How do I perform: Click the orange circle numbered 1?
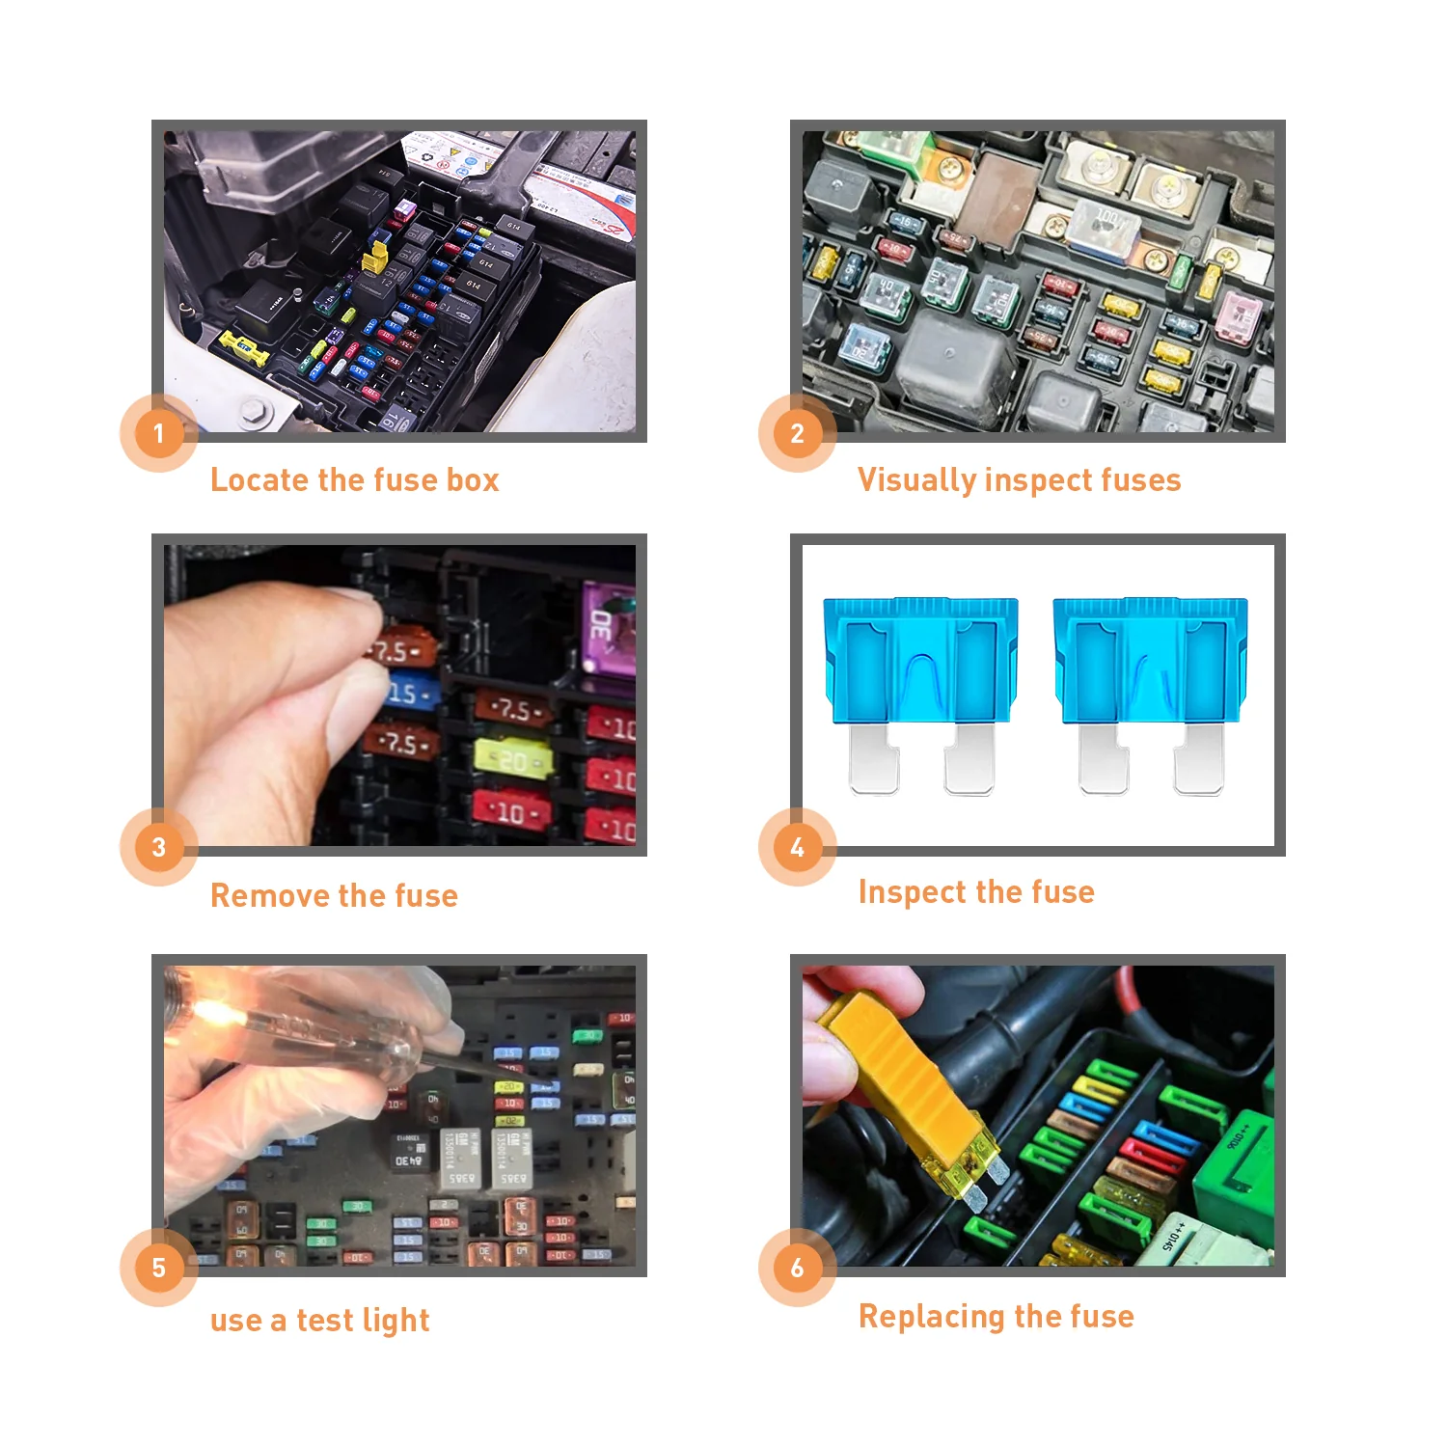click(159, 433)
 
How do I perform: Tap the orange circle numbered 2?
click(797, 433)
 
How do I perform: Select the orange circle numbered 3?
click(159, 847)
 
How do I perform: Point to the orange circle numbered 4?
click(797, 847)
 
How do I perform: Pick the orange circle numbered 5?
click(159, 1268)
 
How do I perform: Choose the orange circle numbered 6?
click(797, 1268)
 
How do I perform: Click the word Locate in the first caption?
click(259, 480)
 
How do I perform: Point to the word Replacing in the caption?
click(933, 1317)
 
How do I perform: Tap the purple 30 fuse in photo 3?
click(606, 628)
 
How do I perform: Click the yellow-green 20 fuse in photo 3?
click(513, 760)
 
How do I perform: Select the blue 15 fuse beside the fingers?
click(409, 694)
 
